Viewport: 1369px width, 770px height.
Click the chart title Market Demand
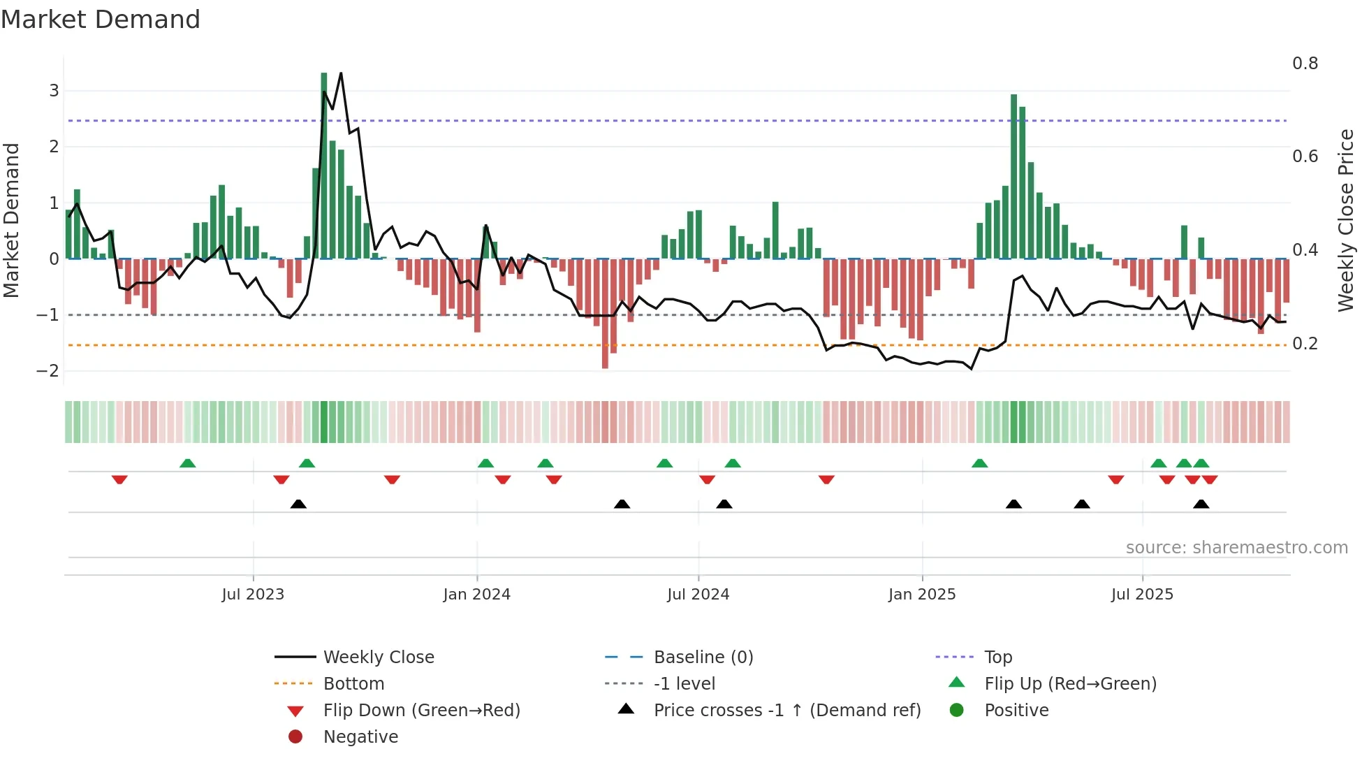101,20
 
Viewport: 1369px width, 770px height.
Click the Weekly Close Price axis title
1345,219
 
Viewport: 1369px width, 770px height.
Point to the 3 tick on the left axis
54,91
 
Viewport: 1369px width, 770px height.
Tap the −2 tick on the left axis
48,371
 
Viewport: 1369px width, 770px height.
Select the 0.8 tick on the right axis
1305,64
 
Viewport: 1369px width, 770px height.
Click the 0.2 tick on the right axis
1305,344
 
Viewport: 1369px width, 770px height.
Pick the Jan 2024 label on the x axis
476,595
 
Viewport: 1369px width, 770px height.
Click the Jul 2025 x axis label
1142,595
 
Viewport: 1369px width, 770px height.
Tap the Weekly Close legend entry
378,658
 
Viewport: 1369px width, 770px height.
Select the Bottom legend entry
353,684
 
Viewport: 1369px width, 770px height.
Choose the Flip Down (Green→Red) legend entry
421,711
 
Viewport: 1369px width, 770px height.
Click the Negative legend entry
360,737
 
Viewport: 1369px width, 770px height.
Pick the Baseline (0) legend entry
703,658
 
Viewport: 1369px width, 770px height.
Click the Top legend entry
997,658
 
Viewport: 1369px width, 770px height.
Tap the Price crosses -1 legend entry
786,711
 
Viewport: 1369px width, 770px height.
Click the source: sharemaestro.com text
1236,548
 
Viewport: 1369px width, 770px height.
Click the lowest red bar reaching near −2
605,314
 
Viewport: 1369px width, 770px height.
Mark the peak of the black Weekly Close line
341,73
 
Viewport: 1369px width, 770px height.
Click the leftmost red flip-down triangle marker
119,479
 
